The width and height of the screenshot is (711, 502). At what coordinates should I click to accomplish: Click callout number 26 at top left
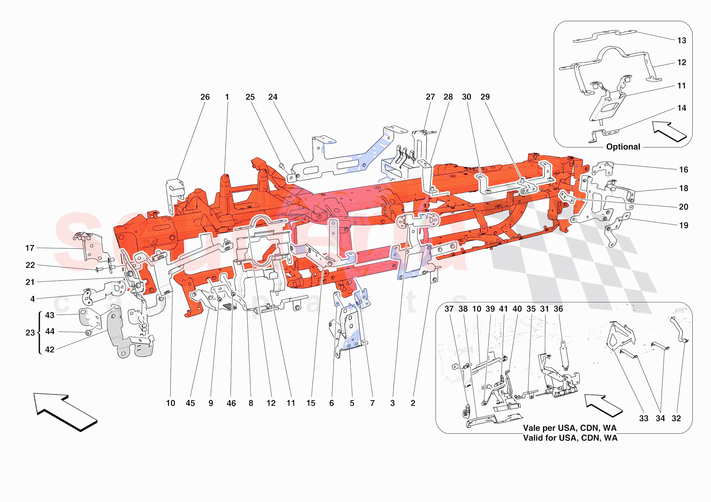[x=205, y=97]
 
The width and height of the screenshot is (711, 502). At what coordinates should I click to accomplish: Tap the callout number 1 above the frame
[x=227, y=97]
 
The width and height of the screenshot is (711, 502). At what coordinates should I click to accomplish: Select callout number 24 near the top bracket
[x=272, y=97]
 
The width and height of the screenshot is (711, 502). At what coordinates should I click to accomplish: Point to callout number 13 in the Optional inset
[x=681, y=40]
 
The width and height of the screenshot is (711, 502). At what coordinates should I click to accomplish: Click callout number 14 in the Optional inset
[x=681, y=108]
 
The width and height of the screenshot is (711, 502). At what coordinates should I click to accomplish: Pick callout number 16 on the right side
[x=683, y=170]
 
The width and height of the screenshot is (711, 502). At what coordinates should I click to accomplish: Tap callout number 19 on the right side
[x=683, y=225]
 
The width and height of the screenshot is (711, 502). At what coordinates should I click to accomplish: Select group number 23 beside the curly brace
[x=30, y=333]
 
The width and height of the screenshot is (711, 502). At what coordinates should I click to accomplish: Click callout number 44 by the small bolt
[x=50, y=332]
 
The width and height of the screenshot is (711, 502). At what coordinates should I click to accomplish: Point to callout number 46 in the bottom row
[x=231, y=403]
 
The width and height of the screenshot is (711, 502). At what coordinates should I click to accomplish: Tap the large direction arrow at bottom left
[x=66, y=412]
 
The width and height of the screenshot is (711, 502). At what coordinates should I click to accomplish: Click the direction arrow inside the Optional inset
[x=670, y=132]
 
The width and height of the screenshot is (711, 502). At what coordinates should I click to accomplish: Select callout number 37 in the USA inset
[x=449, y=309]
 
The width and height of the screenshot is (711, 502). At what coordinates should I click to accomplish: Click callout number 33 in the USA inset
[x=643, y=418]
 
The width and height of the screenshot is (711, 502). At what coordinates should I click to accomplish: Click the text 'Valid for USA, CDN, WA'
[x=570, y=438]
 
